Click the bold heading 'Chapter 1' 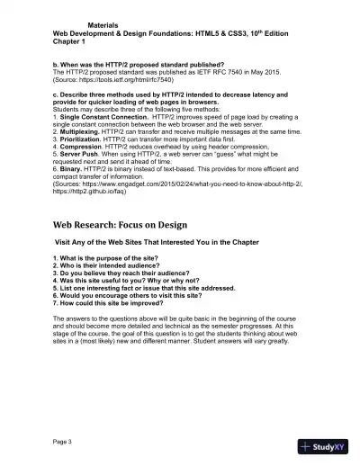pos(72,40)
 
